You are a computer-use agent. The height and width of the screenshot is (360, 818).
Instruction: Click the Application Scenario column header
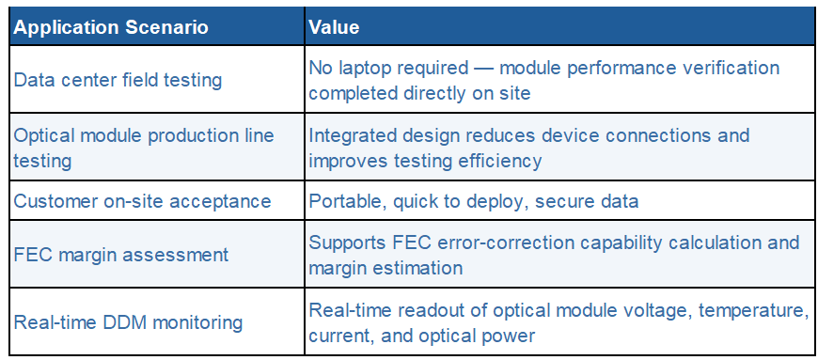click(111, 27)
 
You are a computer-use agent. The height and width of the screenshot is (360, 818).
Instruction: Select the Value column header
click(335, 27)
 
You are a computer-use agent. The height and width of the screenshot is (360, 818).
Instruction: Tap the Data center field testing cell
click(118, 80)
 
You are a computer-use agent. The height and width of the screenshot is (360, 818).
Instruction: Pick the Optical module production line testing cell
click(144, 148)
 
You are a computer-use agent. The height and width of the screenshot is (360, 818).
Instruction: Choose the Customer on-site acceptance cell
click(142, 201)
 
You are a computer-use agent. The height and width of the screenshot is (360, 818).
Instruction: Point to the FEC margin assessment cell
click(121, 255)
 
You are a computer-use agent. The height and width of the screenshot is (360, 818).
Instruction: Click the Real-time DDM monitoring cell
click(128, 321)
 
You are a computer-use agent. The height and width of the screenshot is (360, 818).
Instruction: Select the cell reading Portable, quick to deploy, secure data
click(474, 201)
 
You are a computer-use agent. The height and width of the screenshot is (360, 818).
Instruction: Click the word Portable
click(347, 201)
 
